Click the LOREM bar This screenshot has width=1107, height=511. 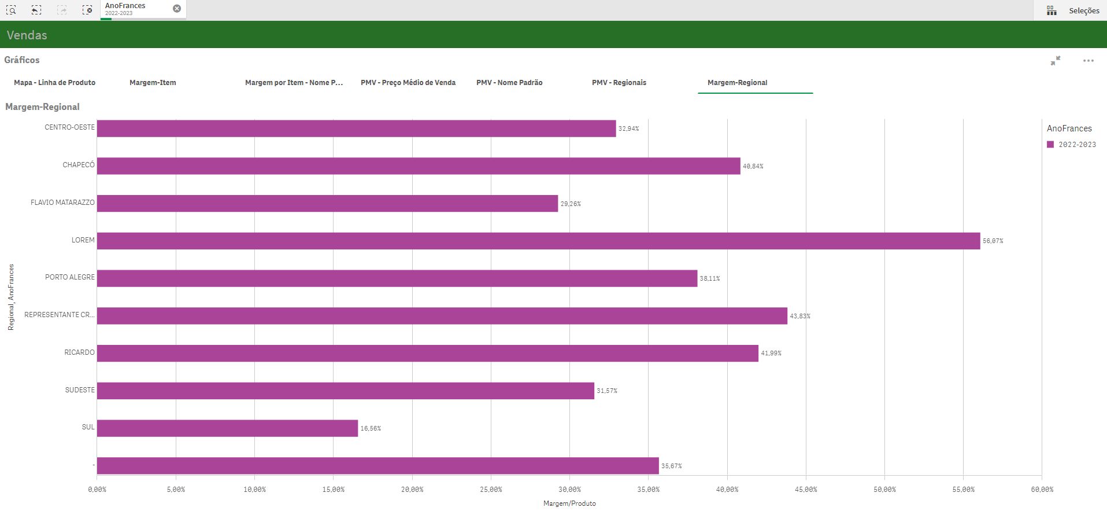pos(538,241)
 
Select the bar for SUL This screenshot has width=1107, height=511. pos(227,428)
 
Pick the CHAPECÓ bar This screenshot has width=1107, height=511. pos(418,166)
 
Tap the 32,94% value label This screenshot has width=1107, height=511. pos(628,128)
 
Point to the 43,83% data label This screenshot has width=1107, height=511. pos(800,316)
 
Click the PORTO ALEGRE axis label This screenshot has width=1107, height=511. pos(70,277)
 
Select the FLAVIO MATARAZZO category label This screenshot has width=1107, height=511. pos(62,203)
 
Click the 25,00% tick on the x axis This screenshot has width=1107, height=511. pos(491,490)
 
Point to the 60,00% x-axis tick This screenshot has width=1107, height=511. pos(1042,490)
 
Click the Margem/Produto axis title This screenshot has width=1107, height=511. pos(569,503)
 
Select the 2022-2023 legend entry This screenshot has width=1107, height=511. pos(1076,145)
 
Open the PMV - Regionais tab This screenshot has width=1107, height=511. pos(619,83)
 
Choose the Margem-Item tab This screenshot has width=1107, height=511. pos(153,83)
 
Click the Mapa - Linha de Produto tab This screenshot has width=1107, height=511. pos(55,83)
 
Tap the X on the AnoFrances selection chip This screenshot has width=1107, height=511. pos(177,9)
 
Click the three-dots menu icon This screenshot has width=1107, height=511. pos(1088,61)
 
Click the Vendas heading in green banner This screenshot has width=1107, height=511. pos(27,35)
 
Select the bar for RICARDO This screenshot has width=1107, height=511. pos(427,354)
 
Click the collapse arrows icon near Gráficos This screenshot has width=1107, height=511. pos(1056,61)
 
